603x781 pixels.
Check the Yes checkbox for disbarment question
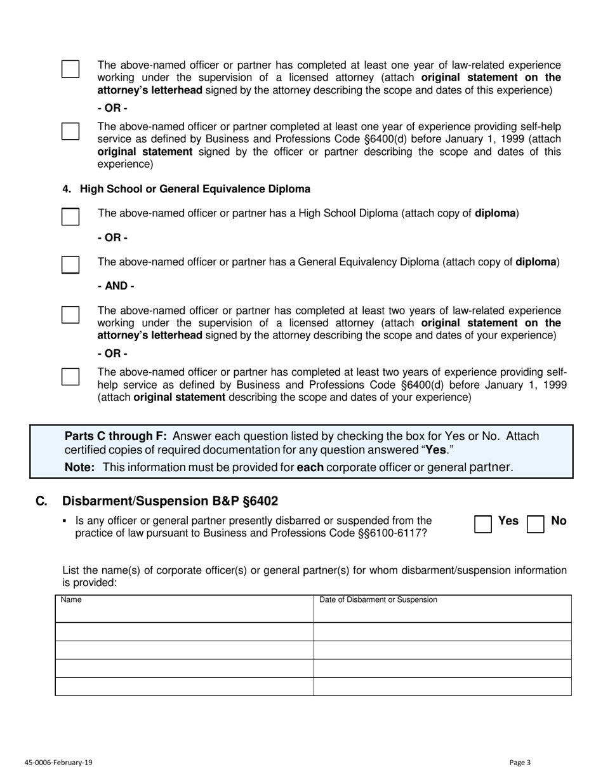tap(483, 524)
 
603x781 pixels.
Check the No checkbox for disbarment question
tap(536, 524)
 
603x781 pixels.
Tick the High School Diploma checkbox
tap(70, 217)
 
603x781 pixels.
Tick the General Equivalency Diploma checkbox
tap(70, 265)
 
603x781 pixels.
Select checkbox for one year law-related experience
tap(70, 69)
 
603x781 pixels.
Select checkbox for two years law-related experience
tap(70, 315)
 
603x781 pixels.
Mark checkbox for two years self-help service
tap(70, 377)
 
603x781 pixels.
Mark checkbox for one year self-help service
tap(70, 131)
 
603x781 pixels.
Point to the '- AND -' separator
tap(116, 286)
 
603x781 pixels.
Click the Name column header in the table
tap(71, 599)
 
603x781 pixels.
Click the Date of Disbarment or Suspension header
tap(378, 599)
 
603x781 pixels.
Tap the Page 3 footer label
tap(520, 763)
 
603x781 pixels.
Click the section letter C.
tap(41, 501)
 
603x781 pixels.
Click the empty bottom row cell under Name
tap(184, 686)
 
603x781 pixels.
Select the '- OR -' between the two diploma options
tap(112, 237)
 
